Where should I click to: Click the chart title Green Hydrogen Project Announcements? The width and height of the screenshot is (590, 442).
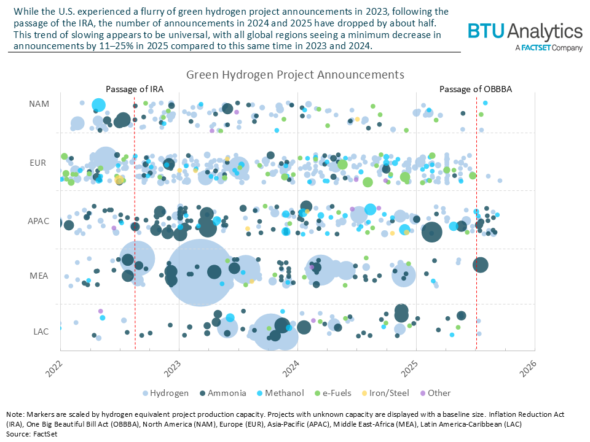pos(295,74)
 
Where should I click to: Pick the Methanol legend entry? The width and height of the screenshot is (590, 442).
pos(288,393)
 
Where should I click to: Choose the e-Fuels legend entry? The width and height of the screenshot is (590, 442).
pos(346,393)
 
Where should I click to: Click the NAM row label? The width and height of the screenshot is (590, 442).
pos(39,104)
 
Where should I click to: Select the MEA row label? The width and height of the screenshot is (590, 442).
pos(39,276)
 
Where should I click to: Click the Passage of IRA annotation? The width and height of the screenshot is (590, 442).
pos(135,89)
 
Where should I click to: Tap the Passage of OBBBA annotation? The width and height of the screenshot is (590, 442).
pos(476,89)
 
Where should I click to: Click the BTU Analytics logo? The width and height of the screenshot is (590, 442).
pos(524,35)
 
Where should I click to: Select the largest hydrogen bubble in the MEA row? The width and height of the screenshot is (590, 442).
pos(200,273)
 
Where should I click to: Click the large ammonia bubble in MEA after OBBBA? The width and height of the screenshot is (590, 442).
pos(481,265)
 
